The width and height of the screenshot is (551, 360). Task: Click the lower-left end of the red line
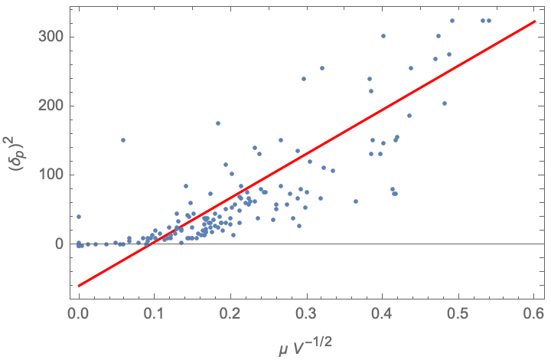[78, 286]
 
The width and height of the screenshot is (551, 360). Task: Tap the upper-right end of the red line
[534, 21]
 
